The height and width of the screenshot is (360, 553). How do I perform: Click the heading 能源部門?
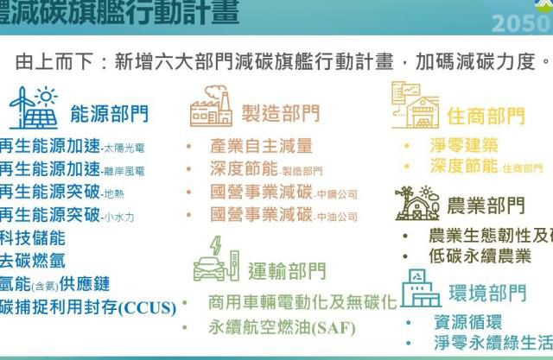109,113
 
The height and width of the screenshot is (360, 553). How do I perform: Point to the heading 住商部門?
486,116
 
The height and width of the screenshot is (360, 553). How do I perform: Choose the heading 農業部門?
486,205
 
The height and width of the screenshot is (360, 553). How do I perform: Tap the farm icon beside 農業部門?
417,201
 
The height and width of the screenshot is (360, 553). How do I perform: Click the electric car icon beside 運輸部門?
213,258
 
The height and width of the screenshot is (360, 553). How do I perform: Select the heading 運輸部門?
287,271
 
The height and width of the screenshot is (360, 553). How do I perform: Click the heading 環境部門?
488,293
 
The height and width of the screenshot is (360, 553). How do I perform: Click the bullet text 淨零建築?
464,144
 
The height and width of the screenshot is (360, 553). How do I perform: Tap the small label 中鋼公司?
336,194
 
